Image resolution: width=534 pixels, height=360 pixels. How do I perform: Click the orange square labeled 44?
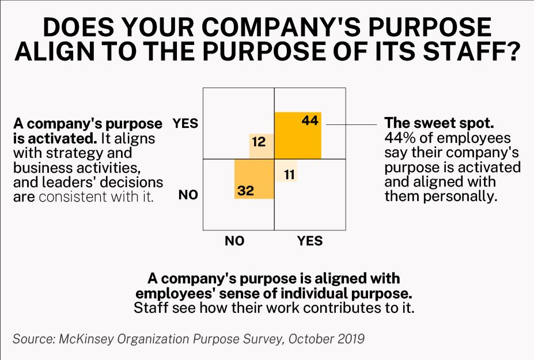coord(297,135)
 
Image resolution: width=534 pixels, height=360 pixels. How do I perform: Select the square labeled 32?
coord(253,179)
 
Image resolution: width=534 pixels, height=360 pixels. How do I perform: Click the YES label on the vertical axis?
coord(185,123)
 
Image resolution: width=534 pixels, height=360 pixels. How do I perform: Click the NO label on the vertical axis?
coord(188,195)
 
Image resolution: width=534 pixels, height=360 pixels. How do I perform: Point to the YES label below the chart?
coord(310,241)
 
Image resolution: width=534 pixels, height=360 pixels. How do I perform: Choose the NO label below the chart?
coord(234,241)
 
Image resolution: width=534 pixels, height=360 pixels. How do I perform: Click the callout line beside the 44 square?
coord(351,123)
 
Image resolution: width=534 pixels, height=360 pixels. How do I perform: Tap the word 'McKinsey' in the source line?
coord(88,338)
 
